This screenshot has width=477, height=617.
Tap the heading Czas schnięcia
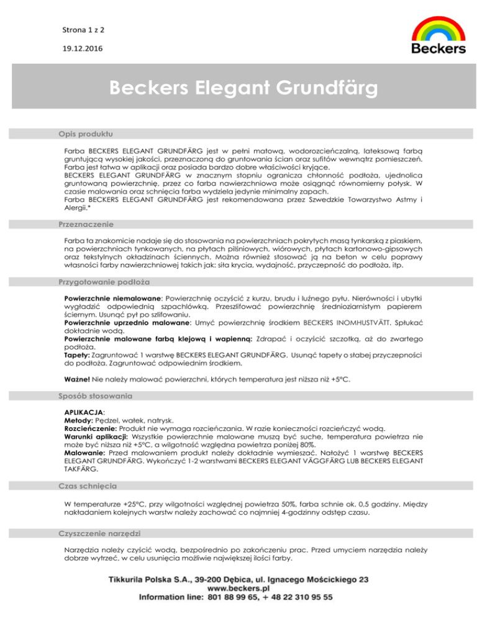click(90, 484)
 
